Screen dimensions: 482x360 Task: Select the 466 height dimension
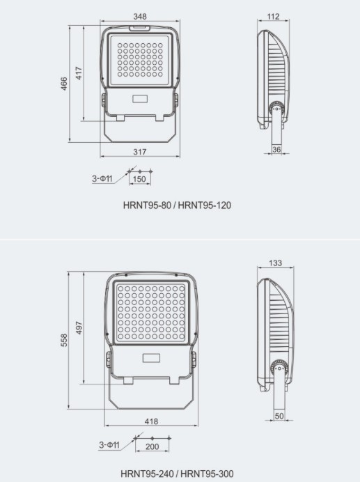tap(65, 84)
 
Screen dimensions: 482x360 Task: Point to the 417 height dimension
tap(79, 72)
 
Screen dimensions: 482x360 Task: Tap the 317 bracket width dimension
tap(139, 151)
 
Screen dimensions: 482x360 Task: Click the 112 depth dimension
tap(272, 15)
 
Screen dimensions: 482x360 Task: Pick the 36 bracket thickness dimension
tap(276, 149)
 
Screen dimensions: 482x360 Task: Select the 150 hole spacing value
tap(139, 179)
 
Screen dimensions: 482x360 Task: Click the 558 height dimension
tap(65, 341)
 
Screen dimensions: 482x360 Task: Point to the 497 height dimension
tap(79, 327)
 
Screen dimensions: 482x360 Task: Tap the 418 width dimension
tap(151, 421)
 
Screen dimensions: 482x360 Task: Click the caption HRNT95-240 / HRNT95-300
tap(177, 474)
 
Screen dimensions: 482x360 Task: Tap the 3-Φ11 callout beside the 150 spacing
tap(102, 178)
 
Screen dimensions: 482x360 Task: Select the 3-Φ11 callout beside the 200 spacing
tap(109, 444)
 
